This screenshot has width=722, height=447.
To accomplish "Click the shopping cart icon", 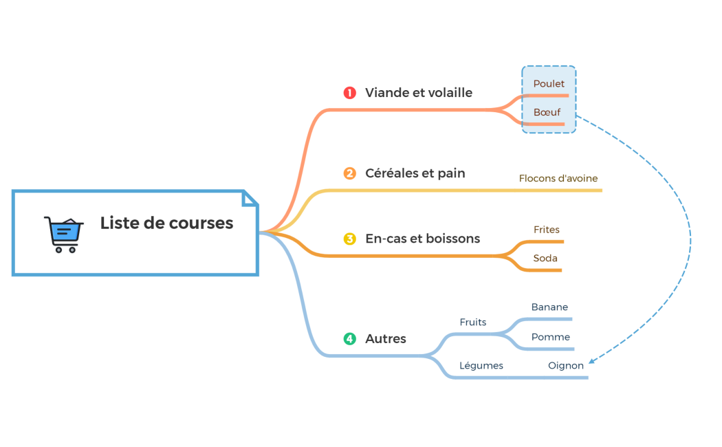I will (x=64, y=234).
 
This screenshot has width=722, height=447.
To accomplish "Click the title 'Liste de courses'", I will (x=166, y=223).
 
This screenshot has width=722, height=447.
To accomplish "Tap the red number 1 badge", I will (x=350, y=93).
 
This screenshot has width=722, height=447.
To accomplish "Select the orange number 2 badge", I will (x=350, y=173).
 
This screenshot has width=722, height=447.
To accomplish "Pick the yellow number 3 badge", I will (x=350, y=239).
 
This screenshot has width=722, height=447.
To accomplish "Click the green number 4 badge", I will (x=350, y=338).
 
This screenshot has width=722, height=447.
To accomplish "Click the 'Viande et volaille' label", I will (x=418, y=93).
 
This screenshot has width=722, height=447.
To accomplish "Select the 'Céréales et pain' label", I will (x=415, y=173).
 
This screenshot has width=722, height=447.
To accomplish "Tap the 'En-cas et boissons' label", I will (x=422, y=239).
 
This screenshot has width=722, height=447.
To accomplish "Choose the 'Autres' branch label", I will (x=385, y=338).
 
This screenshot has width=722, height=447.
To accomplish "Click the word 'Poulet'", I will (x=549, y=84).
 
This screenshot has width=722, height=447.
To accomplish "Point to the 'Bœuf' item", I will (x=547, y=112).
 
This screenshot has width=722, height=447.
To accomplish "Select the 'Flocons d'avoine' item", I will (x=558, y=179).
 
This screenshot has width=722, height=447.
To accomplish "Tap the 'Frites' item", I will (x=547, y=230).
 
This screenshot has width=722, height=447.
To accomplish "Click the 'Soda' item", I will (x=545, y=259).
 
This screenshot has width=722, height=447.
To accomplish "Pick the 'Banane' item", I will (x=549, y=307).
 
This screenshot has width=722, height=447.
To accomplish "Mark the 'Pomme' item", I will (x=550, y=337).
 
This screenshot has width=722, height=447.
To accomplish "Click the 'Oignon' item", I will (x=565, y=366).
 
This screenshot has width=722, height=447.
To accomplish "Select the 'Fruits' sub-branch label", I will (x=472, y=322).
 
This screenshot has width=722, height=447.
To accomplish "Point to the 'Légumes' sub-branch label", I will (x=481, y=366).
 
